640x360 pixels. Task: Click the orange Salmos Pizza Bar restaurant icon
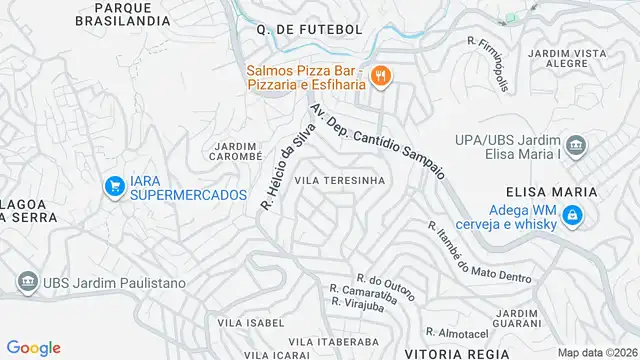[x=380, y=75]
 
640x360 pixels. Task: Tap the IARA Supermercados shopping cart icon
[x=116, y=186]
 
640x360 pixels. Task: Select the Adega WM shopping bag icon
[x=571, y=214]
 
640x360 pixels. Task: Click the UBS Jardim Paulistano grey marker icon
[x=27, y=283]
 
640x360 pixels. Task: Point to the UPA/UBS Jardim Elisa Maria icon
[x=575, y=148]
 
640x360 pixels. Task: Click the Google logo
[x=34, y=347]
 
